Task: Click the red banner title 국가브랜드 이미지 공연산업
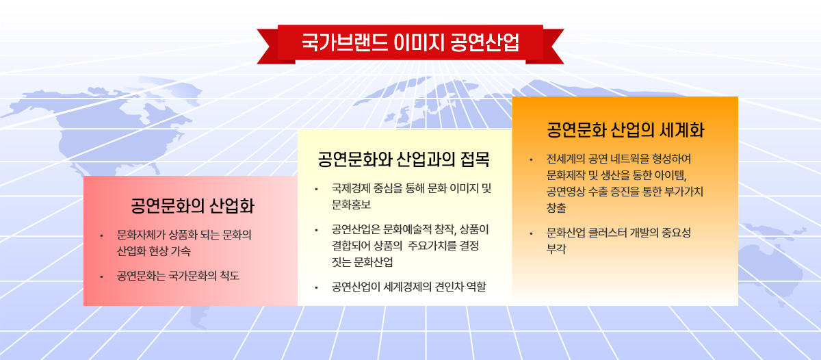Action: click(410, 42)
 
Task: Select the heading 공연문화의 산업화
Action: click(193, 205)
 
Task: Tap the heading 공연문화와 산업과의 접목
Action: click(404, 159)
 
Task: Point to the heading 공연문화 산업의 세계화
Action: click(625, 130)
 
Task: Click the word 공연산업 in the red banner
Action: click(484, 42)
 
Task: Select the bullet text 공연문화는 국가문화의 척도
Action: click(178, 276)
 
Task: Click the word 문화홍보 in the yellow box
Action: click(351, 205)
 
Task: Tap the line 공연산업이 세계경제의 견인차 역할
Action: click(408, 287)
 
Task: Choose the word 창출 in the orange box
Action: click(556, 208)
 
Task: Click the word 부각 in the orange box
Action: click(556, 249)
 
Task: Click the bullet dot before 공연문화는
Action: click(101, 277)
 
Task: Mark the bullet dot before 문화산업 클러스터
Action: click(531, 233)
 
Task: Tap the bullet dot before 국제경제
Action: click(316, 190)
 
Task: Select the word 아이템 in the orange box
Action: click(670, 175)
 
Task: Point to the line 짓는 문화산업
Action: click(362, 262)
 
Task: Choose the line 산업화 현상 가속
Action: click(153, 251)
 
